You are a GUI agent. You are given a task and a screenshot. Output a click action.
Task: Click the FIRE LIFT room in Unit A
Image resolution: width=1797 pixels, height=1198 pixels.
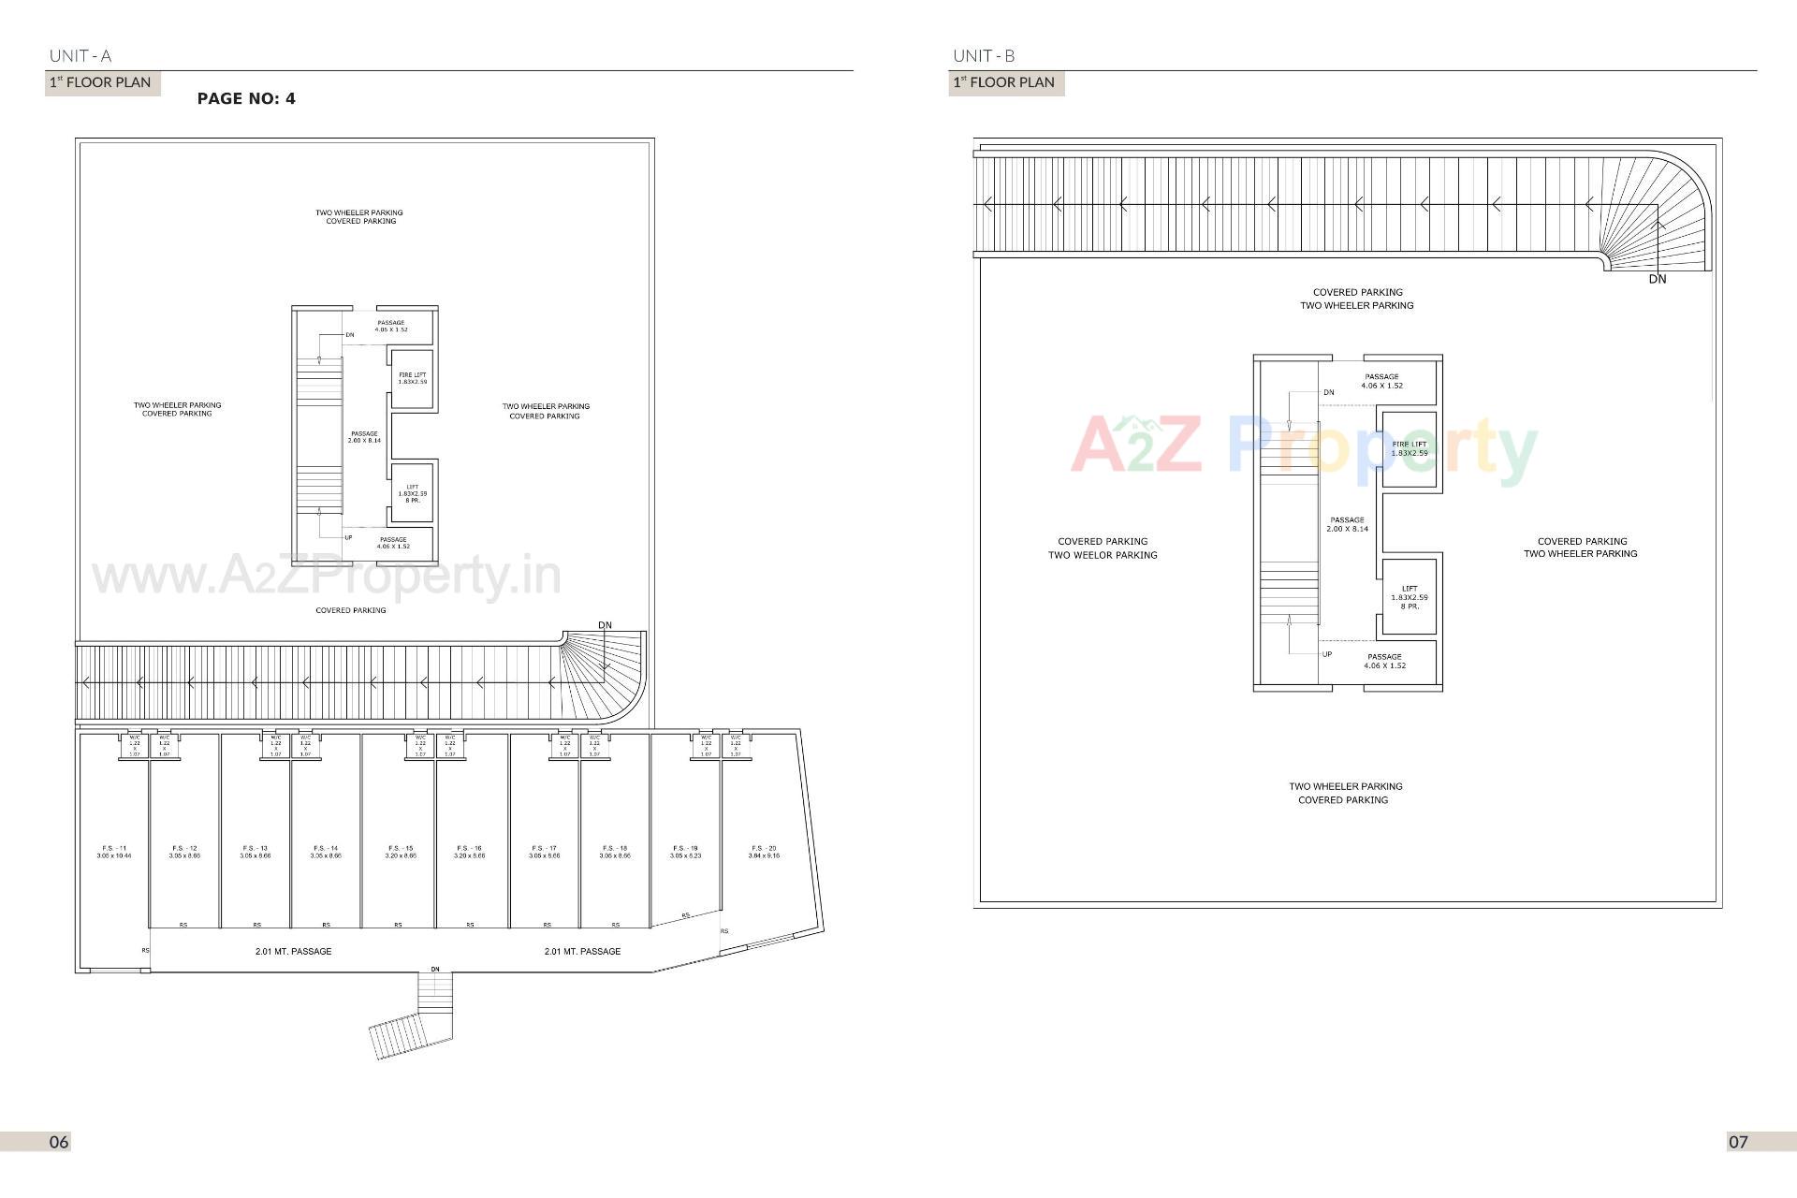412,378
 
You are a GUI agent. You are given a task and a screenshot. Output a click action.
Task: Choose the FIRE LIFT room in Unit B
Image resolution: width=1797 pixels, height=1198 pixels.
1409,449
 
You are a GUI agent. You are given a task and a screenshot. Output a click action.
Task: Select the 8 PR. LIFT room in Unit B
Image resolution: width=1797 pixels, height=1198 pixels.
1409,597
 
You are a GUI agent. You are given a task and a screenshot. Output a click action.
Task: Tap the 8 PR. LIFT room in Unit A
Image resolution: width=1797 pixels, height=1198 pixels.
412,493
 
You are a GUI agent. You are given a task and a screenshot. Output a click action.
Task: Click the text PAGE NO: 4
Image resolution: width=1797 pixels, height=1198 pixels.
246,98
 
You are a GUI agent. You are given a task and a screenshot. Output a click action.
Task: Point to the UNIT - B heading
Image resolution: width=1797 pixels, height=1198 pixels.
984,55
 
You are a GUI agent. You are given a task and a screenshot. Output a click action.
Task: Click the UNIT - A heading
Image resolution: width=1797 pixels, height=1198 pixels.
80,55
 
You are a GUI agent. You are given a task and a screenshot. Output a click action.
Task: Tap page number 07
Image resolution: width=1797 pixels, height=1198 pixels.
1738,1142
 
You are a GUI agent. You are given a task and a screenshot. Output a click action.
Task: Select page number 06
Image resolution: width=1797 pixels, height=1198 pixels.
59,1142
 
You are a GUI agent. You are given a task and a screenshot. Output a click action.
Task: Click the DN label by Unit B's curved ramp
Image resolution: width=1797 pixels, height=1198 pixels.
1658,279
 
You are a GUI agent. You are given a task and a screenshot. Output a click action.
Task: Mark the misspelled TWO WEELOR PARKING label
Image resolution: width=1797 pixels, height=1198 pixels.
1103,555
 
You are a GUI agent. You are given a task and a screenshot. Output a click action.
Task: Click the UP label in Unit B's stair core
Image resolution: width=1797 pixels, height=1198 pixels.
1327,654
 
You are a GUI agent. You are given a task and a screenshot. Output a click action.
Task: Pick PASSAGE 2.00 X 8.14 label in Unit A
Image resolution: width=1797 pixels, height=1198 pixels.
364,437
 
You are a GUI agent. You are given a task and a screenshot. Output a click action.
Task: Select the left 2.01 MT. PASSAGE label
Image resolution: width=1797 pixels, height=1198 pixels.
293,951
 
